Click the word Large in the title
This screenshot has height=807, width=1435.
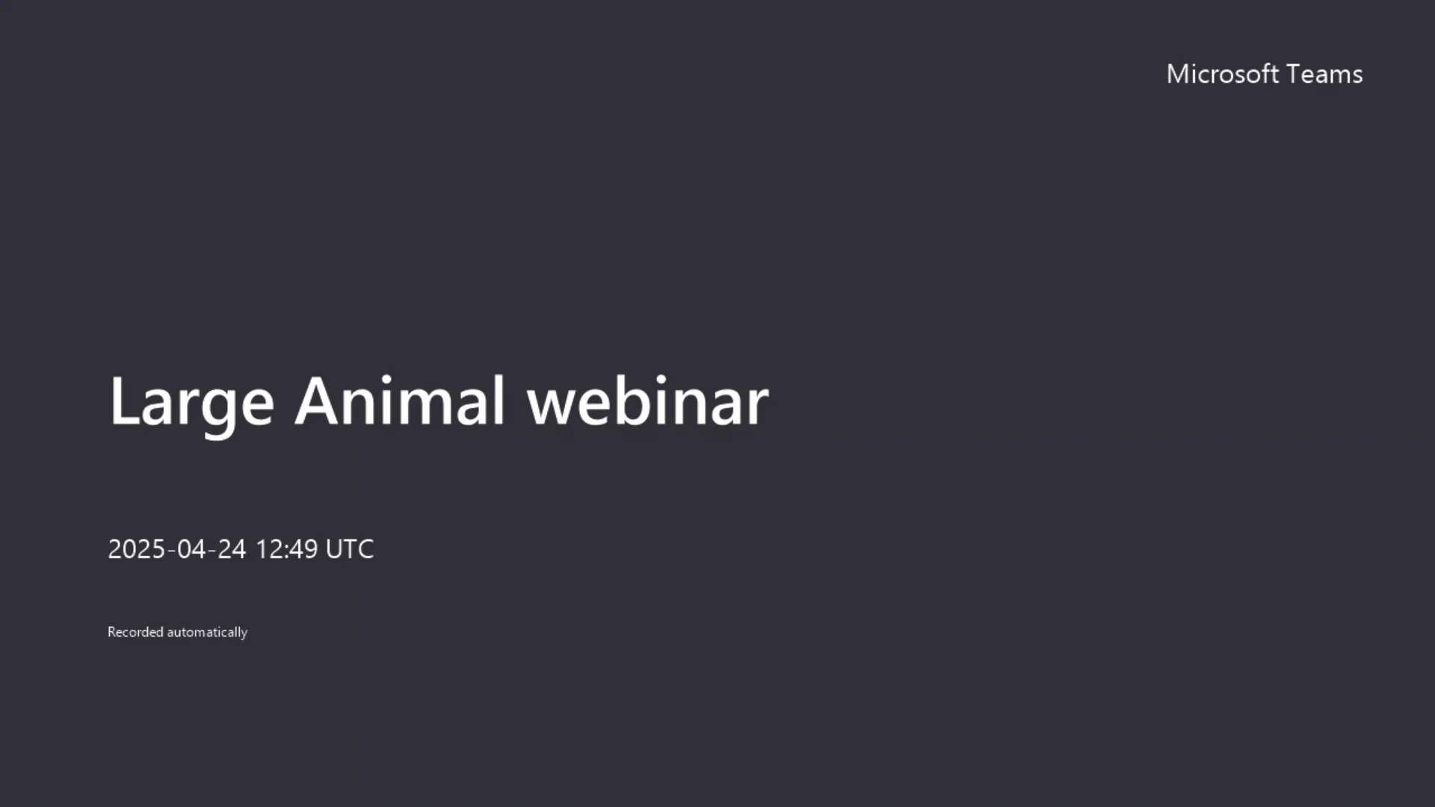tap(191, 402)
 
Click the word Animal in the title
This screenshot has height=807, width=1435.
tap(400, 402)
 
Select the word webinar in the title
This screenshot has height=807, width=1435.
tap(647, 402)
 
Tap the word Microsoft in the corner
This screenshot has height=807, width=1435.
tap(1223, 74)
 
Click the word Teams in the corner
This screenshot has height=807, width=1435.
tap(1324, 74)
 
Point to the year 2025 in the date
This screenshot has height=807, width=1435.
tap(136, 549)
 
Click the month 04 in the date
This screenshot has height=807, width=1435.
tap(191, 549)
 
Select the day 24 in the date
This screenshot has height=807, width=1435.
tap(232, 549)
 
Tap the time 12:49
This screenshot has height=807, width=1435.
tap(287, 549)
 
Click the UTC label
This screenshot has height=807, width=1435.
tap(350, 549)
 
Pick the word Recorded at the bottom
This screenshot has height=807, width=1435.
tap(135, 632)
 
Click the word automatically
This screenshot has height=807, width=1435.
tap(207, 632)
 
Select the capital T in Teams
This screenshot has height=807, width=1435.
tap(1294, 74)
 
